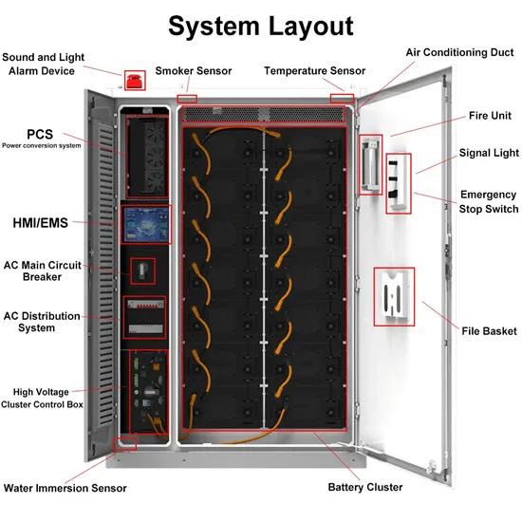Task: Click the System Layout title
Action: coord(261,26)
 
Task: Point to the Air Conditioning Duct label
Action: coord(459,52)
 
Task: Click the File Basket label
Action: coord(490,331)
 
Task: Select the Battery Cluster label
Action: coord(365,487)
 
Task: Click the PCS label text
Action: coord(40,135)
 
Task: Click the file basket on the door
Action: coord(397,296)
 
